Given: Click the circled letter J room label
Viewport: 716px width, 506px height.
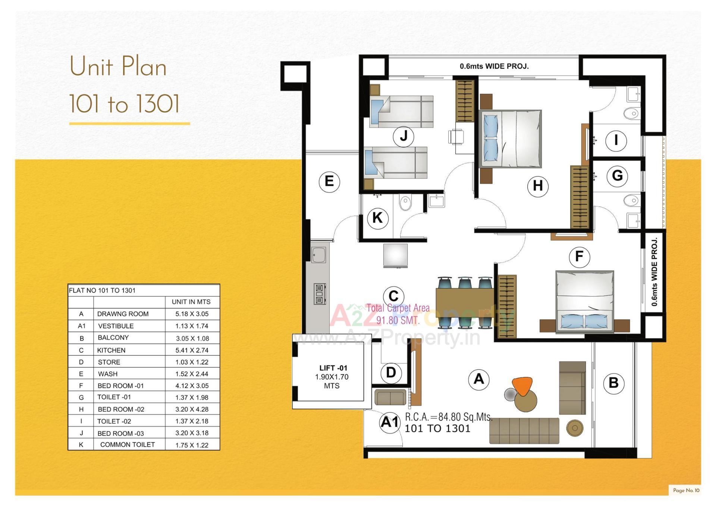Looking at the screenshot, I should [x=403, y=136].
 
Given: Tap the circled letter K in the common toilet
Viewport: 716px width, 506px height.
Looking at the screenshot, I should [x=377, y=218].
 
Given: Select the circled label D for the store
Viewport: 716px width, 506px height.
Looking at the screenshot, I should [x=391, y=373].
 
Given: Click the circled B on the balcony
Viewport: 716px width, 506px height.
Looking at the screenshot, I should [x=613, y=383].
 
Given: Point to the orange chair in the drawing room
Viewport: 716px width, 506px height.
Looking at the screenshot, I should [x=522, y=386].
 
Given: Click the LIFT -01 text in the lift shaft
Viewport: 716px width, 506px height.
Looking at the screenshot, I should [x=333, y=368].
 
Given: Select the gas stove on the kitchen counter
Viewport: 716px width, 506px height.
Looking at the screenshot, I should [x=320, y=294].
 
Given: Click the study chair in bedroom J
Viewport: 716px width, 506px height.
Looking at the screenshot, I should [x=456, y=136].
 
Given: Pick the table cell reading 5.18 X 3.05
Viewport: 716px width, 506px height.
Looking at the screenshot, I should [x=192, y=314].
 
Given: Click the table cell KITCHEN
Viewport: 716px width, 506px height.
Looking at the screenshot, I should [x=111, y=350].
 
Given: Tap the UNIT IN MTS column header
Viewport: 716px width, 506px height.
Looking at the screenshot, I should [x=191, y=302].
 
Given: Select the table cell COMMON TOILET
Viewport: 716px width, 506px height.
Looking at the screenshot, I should [x=127, y=444].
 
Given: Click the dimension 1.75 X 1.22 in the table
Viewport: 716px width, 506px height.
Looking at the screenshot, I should [x=192, y=445].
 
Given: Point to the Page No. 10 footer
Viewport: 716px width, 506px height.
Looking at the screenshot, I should [x=686, y=490].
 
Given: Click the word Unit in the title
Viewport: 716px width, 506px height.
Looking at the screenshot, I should [x=91, y=67].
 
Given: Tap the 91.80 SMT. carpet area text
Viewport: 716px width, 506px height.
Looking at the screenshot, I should [x=398, y=320].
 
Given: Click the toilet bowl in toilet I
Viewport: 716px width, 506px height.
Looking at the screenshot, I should [x=631, y=113].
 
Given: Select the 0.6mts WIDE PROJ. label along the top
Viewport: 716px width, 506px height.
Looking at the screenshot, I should [x=494, y=66].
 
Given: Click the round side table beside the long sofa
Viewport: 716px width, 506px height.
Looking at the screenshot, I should [x=575, y=428].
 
